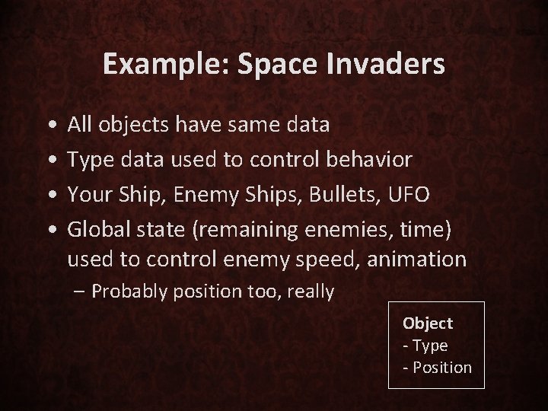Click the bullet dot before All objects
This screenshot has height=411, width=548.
click(49, 124)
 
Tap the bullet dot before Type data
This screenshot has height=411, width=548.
click(49, 160)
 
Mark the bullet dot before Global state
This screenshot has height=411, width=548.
click(49, 230)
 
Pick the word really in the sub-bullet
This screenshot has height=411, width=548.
click(310, 292)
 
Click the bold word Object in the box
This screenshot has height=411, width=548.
click(428, 323)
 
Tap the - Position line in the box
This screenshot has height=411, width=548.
click(437, 367)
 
